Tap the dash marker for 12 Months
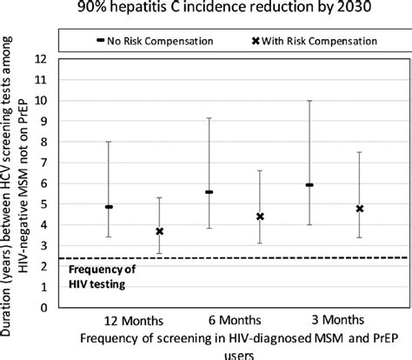pos(109,207)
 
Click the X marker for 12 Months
pos(159,231)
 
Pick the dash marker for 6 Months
pos(209,192)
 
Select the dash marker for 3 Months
pos(309,185)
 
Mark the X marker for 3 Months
pos(360,209)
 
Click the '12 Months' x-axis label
pos(133,318)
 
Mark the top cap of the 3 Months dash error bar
pos(309,101)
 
